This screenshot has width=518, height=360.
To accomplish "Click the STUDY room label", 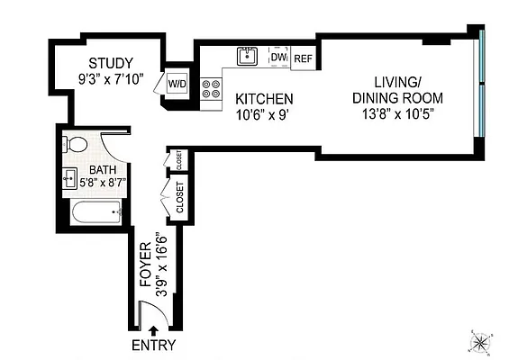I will click(111, 63).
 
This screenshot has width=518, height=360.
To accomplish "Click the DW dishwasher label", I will click(278, 58).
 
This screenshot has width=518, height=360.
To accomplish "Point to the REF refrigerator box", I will click(303, 58).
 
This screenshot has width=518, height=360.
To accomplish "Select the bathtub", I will click(95, 214).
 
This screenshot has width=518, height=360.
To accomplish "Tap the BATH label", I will click(102, 169).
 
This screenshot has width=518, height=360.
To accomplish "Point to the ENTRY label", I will click(154, 346).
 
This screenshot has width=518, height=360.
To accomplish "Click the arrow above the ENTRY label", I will click(152, 331).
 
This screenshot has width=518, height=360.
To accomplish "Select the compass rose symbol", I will click(482, 341).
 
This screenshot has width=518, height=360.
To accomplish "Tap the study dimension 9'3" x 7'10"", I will click(111, 79).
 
